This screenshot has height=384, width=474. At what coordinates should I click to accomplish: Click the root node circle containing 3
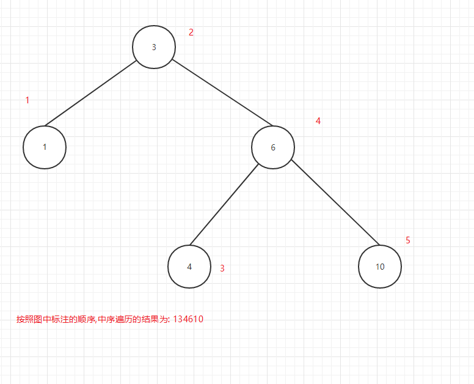[154, 47]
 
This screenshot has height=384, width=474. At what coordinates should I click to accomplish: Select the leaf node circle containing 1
[45, 147]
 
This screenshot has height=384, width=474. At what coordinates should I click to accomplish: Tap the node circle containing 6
[273, 147]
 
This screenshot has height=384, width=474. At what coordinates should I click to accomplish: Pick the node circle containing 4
[189, 267]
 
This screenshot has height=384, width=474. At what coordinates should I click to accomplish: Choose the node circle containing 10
[380, 267]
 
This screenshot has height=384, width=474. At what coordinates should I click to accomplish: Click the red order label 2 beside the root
[191, 33]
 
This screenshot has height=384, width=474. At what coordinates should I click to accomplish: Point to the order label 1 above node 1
[27, 100]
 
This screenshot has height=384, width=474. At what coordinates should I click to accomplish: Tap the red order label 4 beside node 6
[318, 121]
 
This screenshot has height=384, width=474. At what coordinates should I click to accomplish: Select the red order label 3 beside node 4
[222, 268]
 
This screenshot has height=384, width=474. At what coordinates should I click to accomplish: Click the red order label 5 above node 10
[408, 240]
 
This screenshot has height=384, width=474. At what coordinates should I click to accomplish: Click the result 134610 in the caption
[188, 319]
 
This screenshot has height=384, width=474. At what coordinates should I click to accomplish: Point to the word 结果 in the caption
[144, 319]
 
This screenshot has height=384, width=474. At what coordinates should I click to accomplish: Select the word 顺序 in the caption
[82, 319]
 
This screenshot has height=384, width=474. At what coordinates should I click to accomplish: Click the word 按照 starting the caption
[24, 319]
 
